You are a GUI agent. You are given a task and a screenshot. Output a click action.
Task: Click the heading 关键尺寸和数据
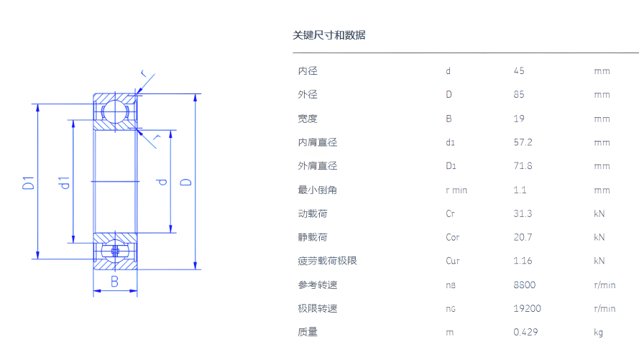tap(328, 35)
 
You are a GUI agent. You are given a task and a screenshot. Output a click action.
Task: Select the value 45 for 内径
tap(519, 71)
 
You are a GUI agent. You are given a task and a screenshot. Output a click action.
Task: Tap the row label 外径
tap(308, 95)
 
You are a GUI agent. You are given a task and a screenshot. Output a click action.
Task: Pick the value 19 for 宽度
tap(519, 119)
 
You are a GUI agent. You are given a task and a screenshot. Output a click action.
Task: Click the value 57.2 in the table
tap(523, 142)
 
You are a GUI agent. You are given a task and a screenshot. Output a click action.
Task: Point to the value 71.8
tap(523, 166)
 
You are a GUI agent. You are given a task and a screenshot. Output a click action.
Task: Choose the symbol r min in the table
tap(456, 190)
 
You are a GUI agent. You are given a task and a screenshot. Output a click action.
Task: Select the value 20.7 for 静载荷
tap(523, 237)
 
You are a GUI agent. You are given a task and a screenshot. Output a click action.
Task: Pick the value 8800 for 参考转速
tap(525, 285)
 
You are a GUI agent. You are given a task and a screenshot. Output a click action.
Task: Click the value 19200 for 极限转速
tap(527, 309)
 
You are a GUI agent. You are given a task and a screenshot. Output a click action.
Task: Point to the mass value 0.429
tap(525, 332)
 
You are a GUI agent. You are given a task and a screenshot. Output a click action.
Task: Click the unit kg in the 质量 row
tap(599, 333)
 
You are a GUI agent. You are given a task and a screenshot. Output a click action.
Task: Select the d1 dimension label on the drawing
tap(64, 183)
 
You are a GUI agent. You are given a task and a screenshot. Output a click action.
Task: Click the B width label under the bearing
tap(114, 282)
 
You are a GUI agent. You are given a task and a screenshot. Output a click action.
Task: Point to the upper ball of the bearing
tap(114, 111)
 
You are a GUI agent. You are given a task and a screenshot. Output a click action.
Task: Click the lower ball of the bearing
tap(114, 251)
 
